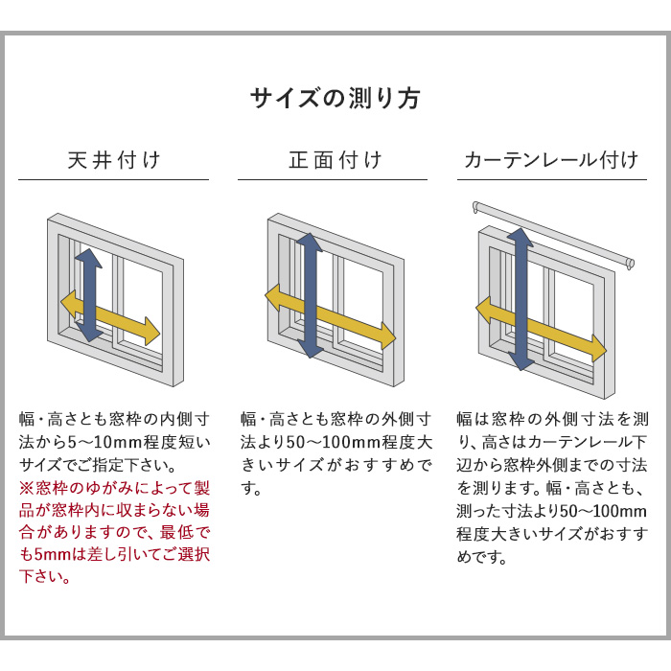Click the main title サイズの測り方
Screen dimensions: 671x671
335,99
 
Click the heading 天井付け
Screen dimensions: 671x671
113,159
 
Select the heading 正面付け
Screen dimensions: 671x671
335,159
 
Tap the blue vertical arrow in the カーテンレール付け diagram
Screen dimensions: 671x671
521,278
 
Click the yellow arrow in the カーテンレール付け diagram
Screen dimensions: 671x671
566,333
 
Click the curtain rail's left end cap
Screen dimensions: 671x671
476,206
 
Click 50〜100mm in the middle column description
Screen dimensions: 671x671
323,443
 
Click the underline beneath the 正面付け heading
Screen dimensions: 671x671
333,179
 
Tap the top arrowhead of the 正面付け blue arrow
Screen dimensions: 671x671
309,241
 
